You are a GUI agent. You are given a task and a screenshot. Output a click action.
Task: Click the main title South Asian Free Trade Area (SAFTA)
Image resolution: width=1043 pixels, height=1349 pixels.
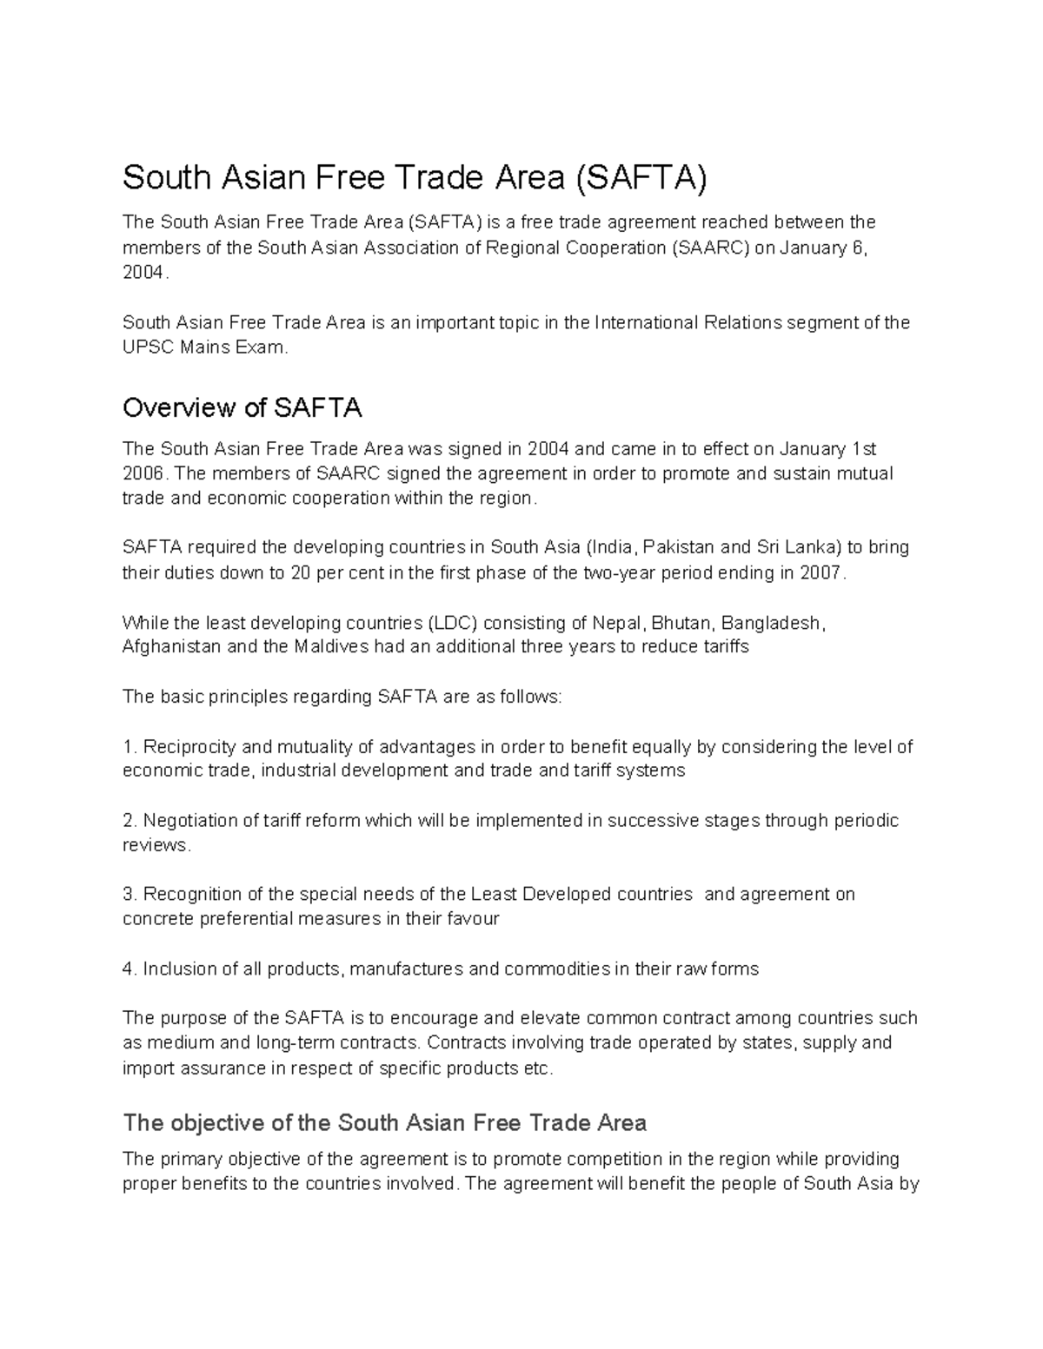[x=415, y=178]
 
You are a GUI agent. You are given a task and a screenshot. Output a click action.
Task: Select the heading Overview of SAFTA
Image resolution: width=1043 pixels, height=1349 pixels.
[x=242, y=407]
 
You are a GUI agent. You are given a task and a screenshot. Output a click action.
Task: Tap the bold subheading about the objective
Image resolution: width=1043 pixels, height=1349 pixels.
[x=384, y=1123]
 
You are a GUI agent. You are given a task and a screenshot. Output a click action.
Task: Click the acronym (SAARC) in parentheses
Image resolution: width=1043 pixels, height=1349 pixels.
[x=710, y=248]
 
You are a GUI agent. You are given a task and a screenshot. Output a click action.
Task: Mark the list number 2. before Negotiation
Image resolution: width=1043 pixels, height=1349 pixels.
[x=130, y=821]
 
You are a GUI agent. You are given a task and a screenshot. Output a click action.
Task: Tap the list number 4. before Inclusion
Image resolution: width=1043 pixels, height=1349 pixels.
[x=130, y=969]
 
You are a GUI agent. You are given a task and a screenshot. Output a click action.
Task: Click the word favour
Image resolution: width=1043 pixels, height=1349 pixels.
[x=475, y=919]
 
